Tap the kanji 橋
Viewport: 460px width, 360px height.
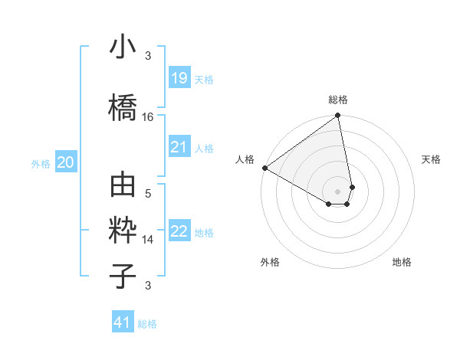pos(123,106)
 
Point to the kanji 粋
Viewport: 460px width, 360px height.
pos(123,230)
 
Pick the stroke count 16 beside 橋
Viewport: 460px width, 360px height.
pos(148,117)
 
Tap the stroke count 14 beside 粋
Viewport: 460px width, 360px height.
pos(148,240)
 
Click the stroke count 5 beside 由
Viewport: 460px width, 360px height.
pos(148,194)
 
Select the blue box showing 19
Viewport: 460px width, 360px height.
pos(179,78)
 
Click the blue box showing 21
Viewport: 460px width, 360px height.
pos(179,147)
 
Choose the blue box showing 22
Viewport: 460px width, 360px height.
pos(179,231)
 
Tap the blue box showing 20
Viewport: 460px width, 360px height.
pos(66,162)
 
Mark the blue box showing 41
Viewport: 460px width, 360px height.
pos(123,323)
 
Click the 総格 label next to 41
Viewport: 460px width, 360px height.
pos(147,324)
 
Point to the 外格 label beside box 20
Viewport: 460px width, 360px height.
pos(41,163)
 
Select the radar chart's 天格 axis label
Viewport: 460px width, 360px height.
pos(431,159)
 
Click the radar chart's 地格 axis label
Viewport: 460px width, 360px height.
pos(402,262)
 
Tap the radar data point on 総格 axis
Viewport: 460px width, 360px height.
pos(337,116)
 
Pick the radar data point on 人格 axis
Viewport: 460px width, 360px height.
pos(264,168)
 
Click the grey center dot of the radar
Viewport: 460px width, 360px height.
pos(337,191)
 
